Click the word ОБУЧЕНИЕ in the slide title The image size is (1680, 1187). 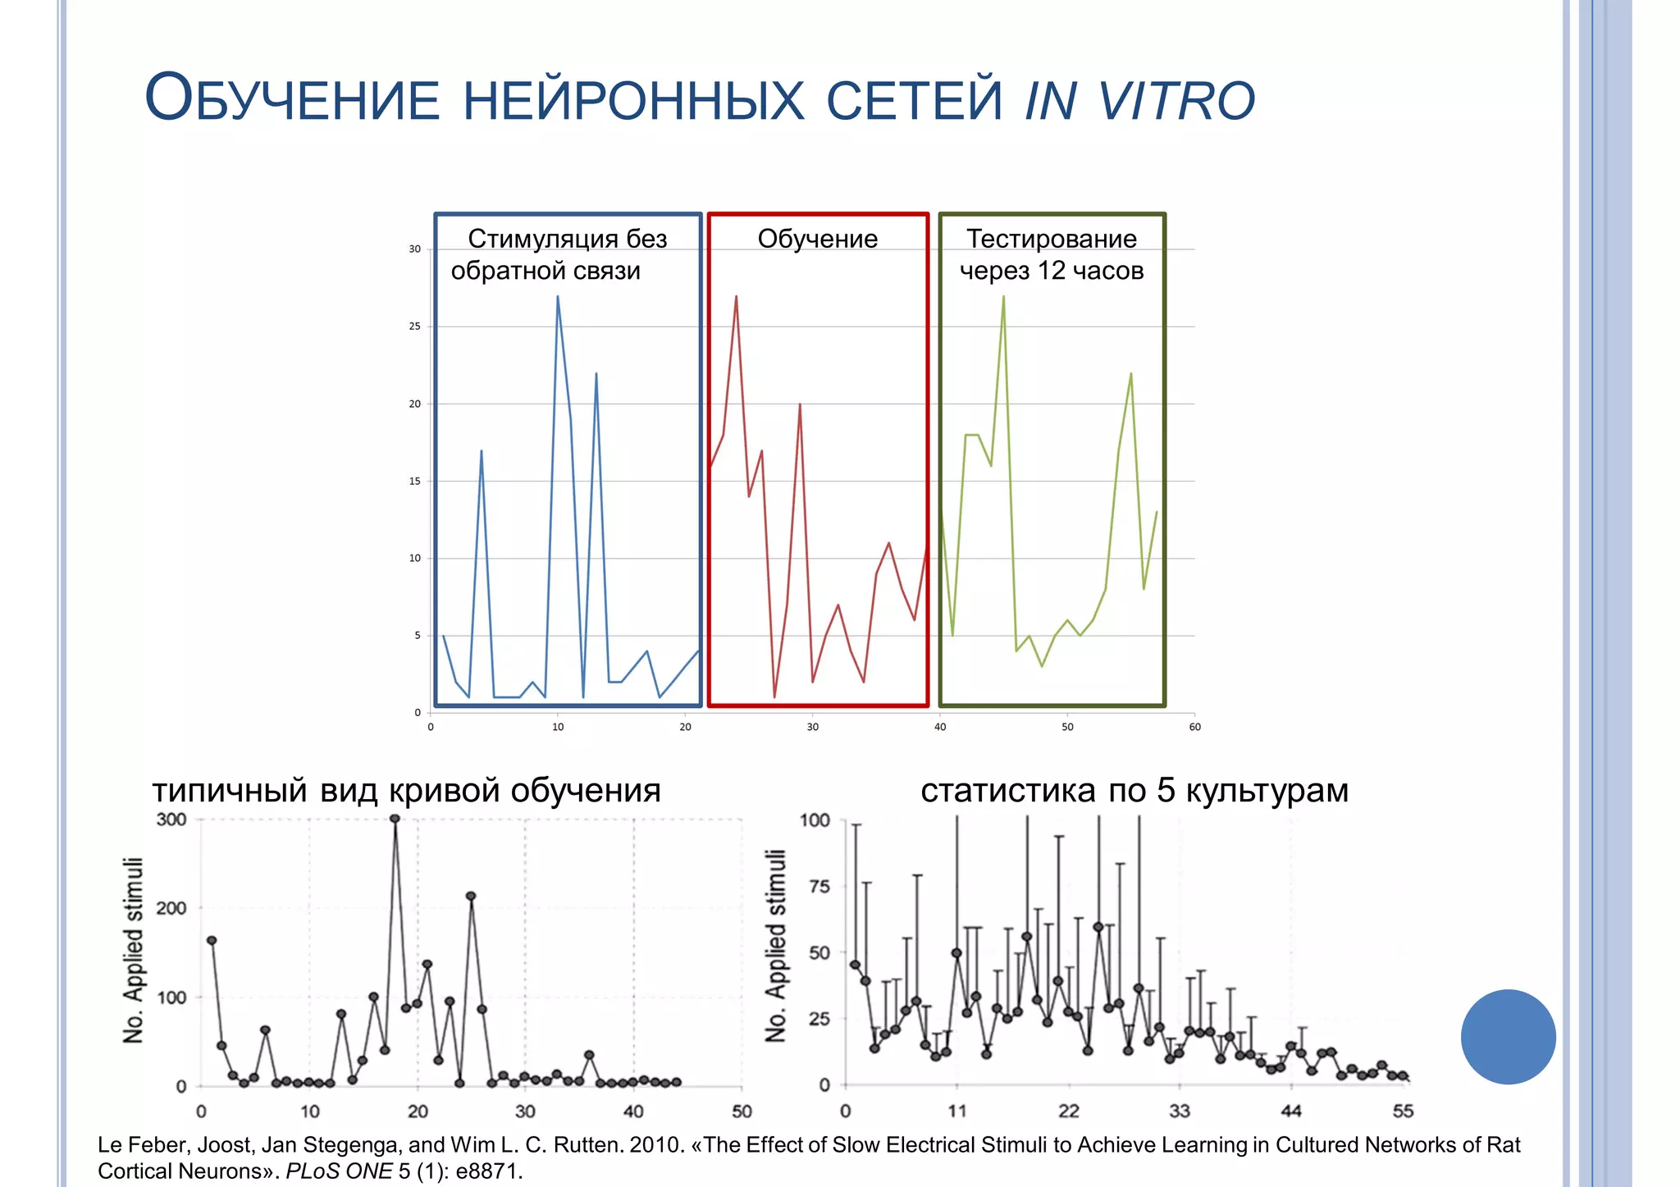point(292,100)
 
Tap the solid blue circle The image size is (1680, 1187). point(1508,1037)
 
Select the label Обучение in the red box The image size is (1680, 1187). point(817,239)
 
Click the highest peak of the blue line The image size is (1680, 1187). point(558,297)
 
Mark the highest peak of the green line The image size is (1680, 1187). point(1003,297)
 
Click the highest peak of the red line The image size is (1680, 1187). point(736,297)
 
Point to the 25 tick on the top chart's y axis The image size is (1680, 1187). point(415,326)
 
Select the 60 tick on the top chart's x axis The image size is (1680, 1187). point(1194,727)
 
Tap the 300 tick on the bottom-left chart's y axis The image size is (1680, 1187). point(171,819)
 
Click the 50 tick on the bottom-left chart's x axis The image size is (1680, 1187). point(742,1112)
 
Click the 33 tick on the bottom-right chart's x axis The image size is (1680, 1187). point(1179,1112)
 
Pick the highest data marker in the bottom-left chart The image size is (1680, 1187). point(395,819)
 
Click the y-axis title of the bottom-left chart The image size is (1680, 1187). point(134,951)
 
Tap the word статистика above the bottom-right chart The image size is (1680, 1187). point(1007,791)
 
